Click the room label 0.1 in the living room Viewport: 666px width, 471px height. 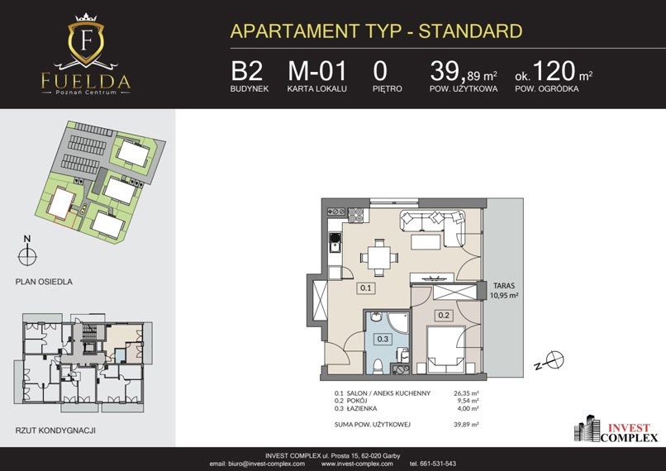pos(366,288)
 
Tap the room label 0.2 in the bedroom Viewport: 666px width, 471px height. pos(444,316)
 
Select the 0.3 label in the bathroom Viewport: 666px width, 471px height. pos(383,339)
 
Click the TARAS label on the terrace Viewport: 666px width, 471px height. pos(504,286)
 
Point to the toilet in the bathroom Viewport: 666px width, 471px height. pos(378,366)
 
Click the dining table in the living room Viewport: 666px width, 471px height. pos(379,257)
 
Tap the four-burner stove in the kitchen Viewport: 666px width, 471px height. pos(355,216)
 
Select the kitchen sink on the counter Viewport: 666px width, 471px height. pos(335,242)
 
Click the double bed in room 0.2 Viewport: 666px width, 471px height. pos(446,350)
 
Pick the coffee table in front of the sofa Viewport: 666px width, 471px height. pos(426,241)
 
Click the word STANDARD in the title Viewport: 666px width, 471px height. pos(471,31)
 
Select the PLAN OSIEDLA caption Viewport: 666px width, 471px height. pos(44,282)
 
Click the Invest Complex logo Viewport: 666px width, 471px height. pos(616,429)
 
